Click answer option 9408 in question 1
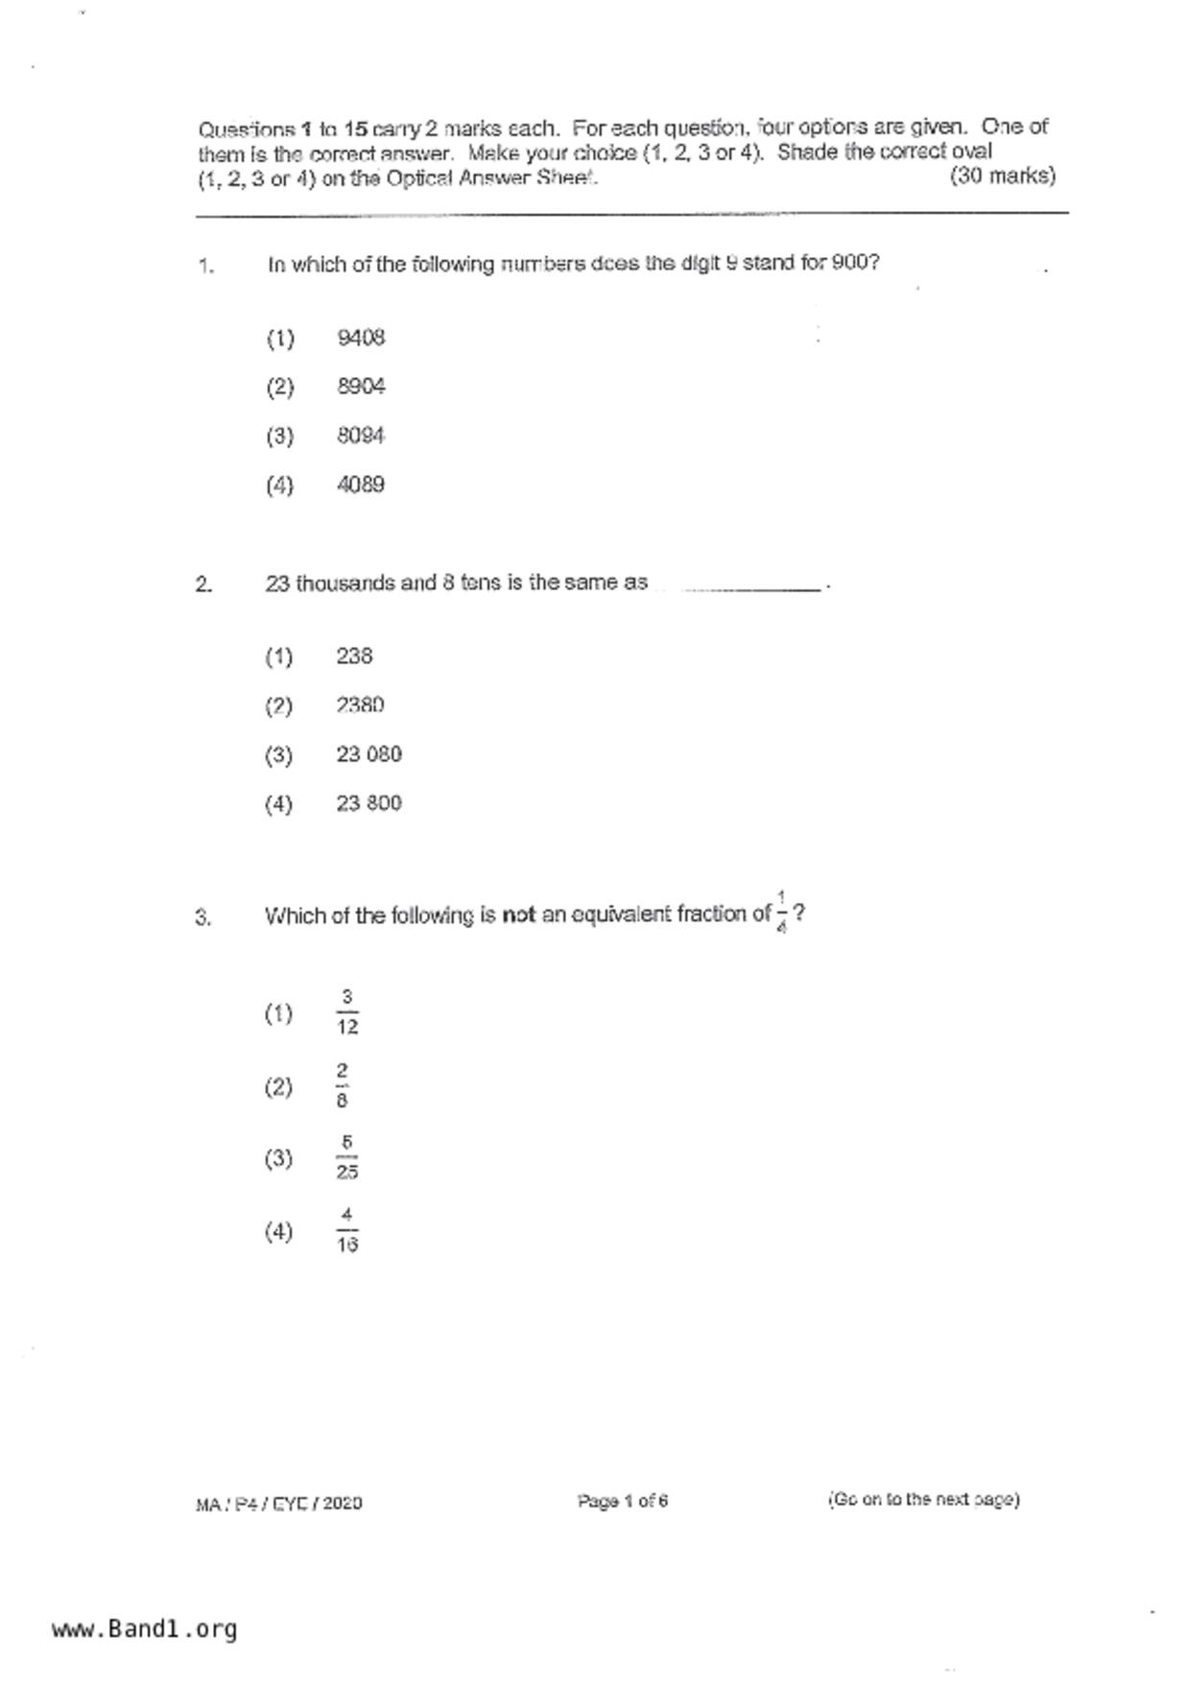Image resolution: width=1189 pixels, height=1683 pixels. pos(361,338)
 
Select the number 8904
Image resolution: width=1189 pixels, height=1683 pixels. pos(361,387)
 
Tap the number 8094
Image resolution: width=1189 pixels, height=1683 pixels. pos(361,436)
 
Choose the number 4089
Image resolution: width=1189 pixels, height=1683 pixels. pos(361,485)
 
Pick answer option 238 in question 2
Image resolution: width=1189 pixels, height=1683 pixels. pos(354,656)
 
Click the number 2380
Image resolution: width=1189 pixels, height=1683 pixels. pos(360,705)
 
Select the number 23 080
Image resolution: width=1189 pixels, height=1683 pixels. pos(369,754)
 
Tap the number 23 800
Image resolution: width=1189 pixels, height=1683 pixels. pos(369,803)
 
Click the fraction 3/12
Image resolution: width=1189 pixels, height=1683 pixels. pos(347,1013)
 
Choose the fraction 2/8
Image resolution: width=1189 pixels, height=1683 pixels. pos(343,1086)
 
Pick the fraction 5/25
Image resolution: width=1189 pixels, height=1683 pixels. pos(347,1158)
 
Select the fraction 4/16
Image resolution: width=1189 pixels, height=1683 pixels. pos(347,1231)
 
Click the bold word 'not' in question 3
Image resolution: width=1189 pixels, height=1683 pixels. pos(518,915)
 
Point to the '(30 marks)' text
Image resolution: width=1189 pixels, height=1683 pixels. pos(1002,177)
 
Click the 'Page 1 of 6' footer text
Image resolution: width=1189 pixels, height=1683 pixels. pos(622,1501)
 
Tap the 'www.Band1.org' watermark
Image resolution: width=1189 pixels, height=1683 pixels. pos(144,1629)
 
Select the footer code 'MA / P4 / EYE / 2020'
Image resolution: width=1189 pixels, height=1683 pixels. pos(278,1504)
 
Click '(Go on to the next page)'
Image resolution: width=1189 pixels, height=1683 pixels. pos(923,1500)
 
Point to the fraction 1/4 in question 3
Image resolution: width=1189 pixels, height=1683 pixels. pos(781,913)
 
